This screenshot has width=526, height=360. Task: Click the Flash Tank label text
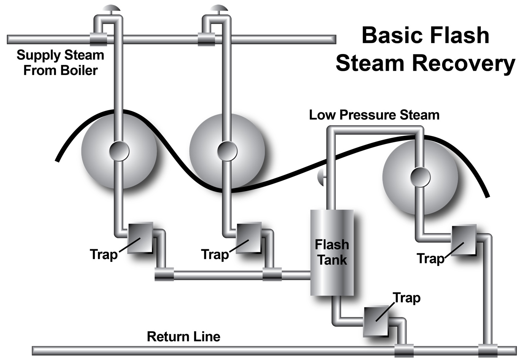(x=332, y=252)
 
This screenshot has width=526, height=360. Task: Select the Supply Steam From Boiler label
(x=60, y=62)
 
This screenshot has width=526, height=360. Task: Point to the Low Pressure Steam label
(x=374, y=115)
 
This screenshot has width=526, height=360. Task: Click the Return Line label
(x=183, y=336)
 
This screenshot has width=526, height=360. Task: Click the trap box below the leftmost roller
(x=140, y=238)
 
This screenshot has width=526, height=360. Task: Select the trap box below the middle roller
(x=249, y=238)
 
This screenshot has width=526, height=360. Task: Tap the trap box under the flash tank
(x=376, y=321)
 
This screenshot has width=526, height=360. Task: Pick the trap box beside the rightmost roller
(x=464, y=240)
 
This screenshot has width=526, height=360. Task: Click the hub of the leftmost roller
(x=119, y=151)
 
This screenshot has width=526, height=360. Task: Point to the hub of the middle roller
(x=227, y=151)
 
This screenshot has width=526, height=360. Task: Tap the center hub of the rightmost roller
(x=420, y=177)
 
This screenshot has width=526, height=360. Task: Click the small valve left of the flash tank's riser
(x=320, y=177)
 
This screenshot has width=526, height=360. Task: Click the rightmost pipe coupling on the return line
(x=488, y=350)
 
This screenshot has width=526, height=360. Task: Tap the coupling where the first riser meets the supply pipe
(x=98, y=39)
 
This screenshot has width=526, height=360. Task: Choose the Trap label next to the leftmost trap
(x=104, y=254)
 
